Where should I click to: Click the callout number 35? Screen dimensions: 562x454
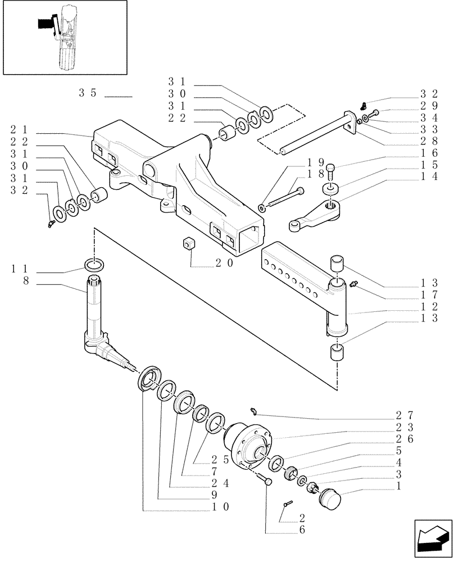click(89, 93)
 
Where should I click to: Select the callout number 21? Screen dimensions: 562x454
click(17, 129)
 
